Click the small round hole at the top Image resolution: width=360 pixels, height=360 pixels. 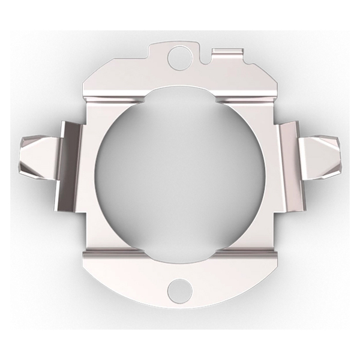pyautogui.click(x=178, y=58)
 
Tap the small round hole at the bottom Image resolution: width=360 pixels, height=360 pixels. pyautogui.click(x=178, y=290)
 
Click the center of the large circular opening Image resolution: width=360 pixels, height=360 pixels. pyautogui.click(x=178, y=174)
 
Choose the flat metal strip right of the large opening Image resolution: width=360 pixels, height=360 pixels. pyautogui.click(x=268, y=174)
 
